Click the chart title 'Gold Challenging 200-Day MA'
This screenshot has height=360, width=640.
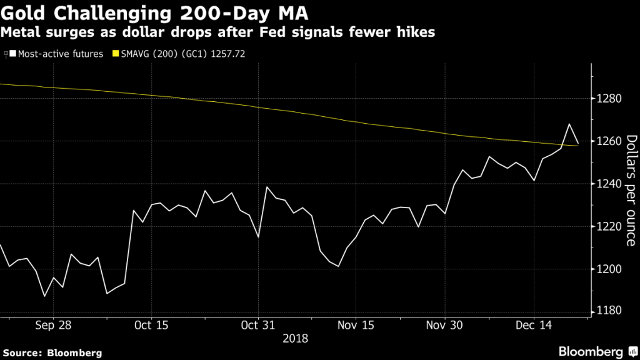coord(156,12)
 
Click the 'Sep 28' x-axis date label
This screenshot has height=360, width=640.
coord(54,325)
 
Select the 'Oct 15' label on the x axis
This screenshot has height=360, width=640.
coord(151,325)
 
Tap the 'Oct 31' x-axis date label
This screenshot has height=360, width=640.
coord(258,325)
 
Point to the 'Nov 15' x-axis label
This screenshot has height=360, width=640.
coord(355,325)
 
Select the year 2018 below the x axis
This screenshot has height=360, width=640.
coord(295,338)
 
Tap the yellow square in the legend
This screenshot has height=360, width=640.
coord(115,54)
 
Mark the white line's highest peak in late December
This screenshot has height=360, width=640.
coord(569,124)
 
